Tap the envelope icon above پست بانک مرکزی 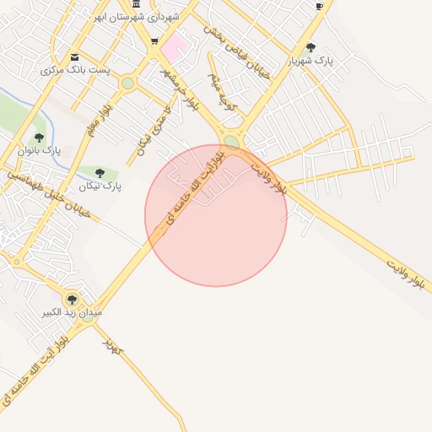[x=74, y=57]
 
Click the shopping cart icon [x=154, y=41]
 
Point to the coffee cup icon [x=319, y=6]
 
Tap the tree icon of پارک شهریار [x=310, y=48]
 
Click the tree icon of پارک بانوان [x=39, y=138]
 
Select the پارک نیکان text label [x=100, y=186]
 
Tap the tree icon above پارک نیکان [x=100, y=173]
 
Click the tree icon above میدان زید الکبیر [x=71, y=299]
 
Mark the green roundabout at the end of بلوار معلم [x=127, y=83]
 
